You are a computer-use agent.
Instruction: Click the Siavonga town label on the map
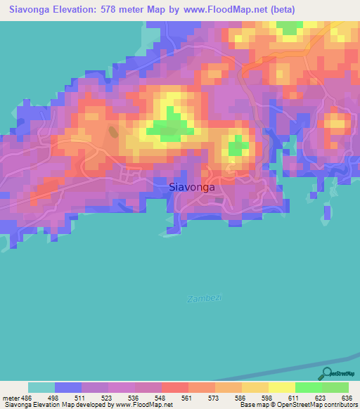pyautogui.click(x=192, y=188)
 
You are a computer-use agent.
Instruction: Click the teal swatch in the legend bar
pyautogui.click(x=41, y=387)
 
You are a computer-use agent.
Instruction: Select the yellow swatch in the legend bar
pyautogui.click(x=282, y=387)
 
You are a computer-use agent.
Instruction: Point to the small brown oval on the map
pyautogui.click(x=113, y=131)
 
